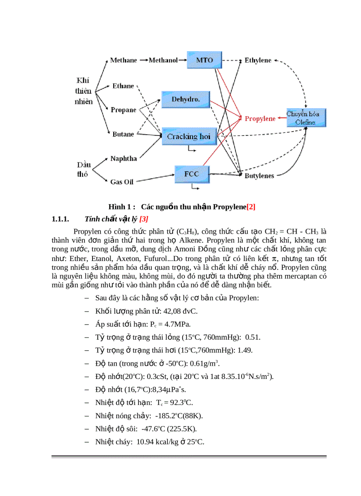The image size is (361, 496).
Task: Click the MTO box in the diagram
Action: (x=204, y=60)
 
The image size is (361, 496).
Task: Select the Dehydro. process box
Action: (x=185, y=100)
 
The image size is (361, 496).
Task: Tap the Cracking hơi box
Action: (x=188, y=136)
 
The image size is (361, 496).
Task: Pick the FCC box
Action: (x=191, y=174)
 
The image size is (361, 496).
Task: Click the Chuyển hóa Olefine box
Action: (x=306, y=117)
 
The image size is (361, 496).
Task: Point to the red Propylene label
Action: (x=260, y=118)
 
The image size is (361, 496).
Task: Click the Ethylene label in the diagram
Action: (x=258, y=60)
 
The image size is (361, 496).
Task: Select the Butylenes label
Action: (x=259, y=176)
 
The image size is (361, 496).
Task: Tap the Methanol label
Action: (x=163, y=60)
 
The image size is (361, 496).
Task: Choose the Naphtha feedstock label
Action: (x=123, y=158)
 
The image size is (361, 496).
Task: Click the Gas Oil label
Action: (x=122, y=182)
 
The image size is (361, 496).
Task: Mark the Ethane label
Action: (x=123, y=86)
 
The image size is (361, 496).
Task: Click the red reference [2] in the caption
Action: (x=251, y=206)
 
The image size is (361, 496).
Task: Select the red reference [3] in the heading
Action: (x=144, y=219)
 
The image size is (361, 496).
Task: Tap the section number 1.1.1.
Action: (x=61, y=219)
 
